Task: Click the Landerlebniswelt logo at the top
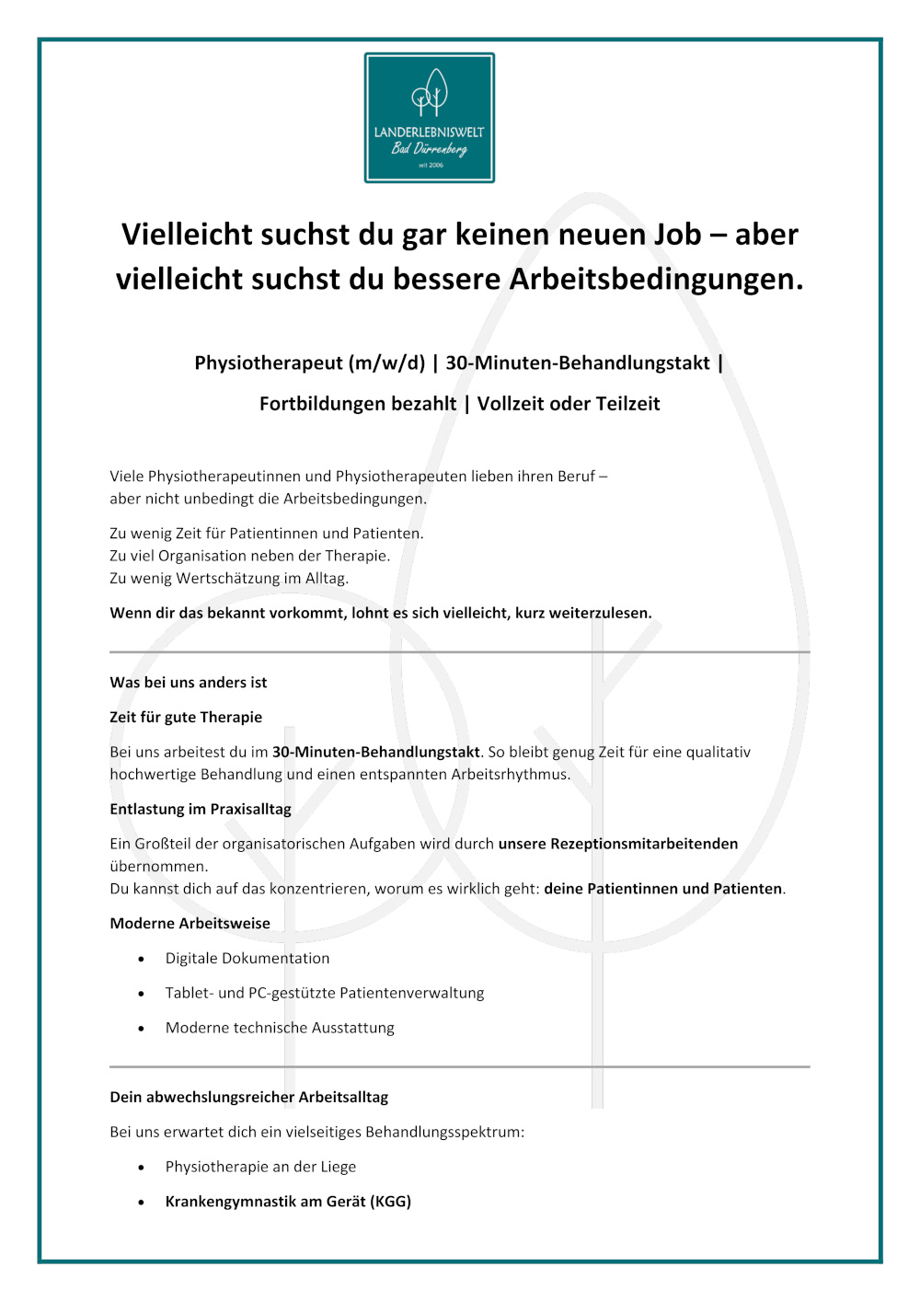click(x=430, y=118)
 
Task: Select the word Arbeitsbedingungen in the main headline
click(x=656, y=279)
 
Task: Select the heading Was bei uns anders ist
click(x=189, y=683)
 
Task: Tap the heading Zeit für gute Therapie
click(x=186, y=718)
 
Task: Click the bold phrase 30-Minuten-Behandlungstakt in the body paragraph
click(x=375, y=753)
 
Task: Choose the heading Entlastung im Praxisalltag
click(x=201, y=810)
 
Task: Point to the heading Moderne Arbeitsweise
click(x=190, y=924)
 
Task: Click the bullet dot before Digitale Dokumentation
click(x=141, y=959)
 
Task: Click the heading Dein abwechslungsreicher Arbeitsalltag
click(x=249, y=1098)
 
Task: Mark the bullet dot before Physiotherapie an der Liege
click(x=141, y=1168)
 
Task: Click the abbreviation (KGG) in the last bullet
click(x=390, y=1202)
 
